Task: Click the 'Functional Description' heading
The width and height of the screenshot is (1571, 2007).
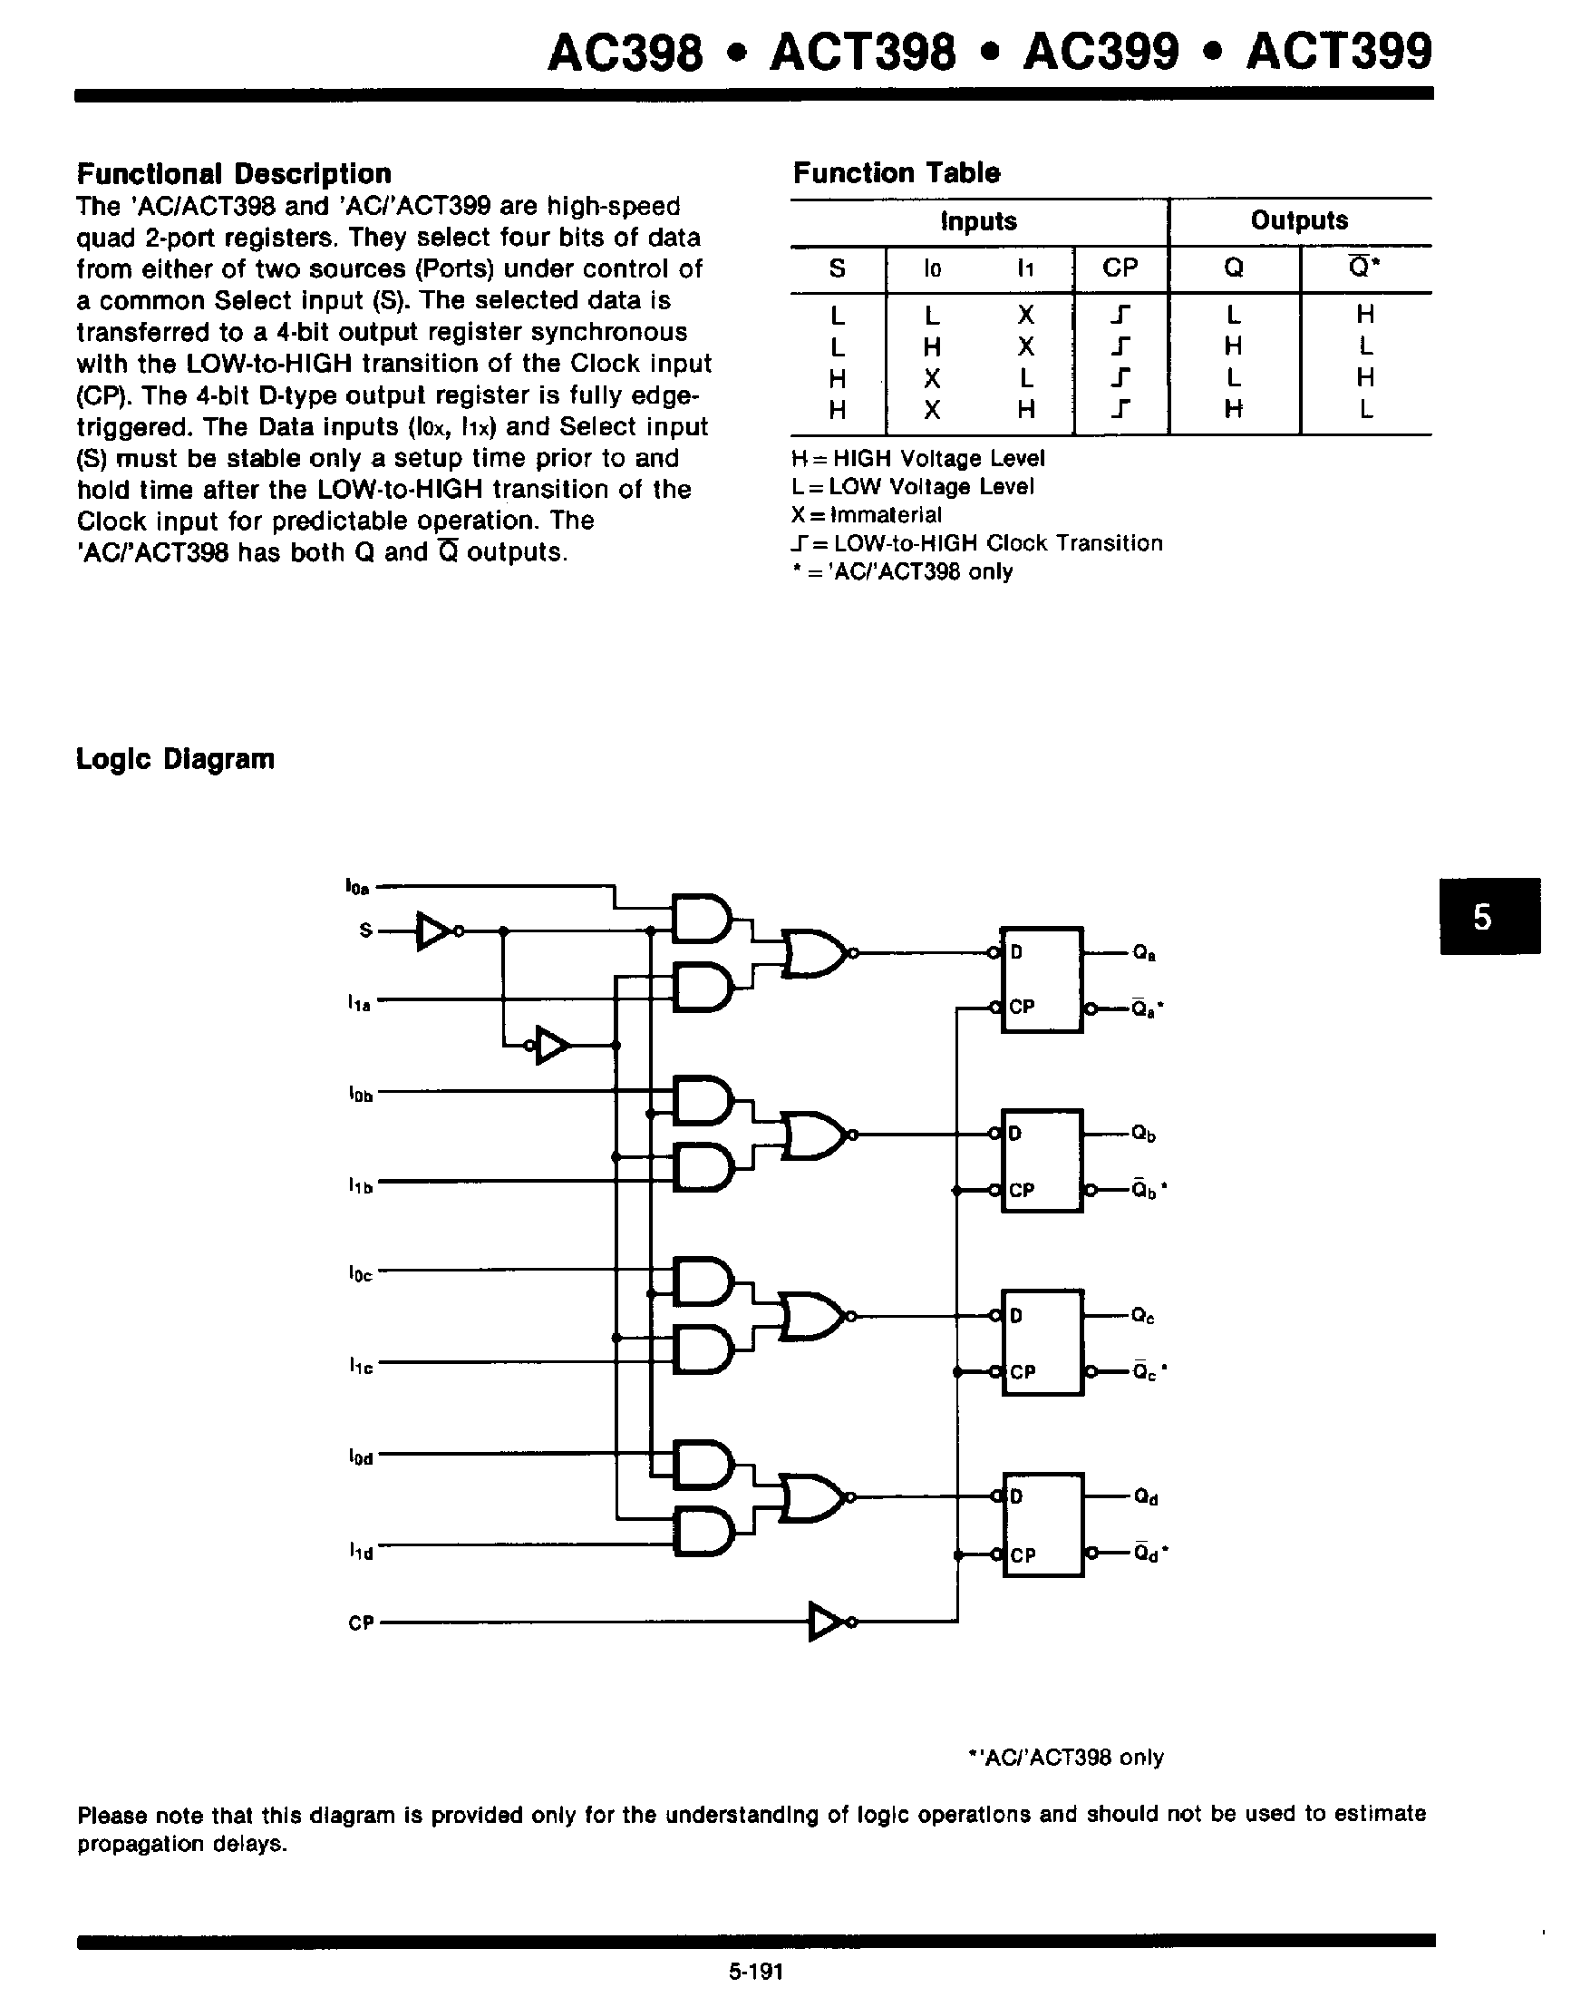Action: coord(234,174)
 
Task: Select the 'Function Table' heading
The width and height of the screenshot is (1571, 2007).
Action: coord(896,173)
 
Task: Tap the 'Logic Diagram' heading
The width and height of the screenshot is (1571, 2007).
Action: coord(175,759)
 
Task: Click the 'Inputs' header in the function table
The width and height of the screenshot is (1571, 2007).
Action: coord(979,222)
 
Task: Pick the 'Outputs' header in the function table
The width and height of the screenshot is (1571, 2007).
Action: coord(1299,221)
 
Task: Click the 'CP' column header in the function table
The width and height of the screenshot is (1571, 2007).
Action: coord(1120,268)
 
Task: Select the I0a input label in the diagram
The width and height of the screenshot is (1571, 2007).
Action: coord(357,887)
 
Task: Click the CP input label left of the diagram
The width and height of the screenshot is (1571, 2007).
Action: coord(361,1623)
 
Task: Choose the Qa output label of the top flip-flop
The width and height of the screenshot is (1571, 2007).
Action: coord(1144,953)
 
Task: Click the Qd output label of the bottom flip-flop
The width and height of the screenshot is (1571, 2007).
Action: coord(1145,1498)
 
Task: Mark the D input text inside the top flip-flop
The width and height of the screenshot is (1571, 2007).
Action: coord(1016,952)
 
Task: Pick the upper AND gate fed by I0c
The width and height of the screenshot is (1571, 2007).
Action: coord(704,1281)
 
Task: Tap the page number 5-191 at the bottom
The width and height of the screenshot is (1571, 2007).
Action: coord(755,1971)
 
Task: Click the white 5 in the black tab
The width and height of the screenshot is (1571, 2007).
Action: coord(1482,917)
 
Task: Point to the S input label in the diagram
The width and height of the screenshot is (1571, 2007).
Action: coord(365,930)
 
